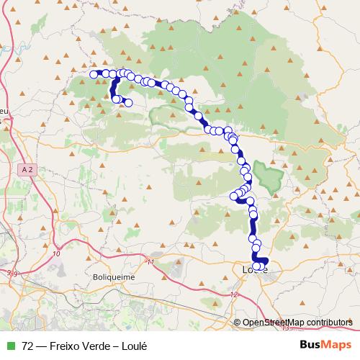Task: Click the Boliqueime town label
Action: pos(113,276)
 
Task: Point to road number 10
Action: pos(57,254)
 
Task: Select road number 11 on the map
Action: pos(150,261)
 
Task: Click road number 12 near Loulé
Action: pos(234,295)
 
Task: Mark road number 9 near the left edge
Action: pos(10,272)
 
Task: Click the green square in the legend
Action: pos(9,345)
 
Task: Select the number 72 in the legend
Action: pos(28,345)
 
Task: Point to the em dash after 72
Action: pos(42,345)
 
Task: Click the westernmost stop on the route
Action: pos(93,73)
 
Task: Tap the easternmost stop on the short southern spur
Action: pos(129,103)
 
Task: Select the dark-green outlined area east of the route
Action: pos(268,175)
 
